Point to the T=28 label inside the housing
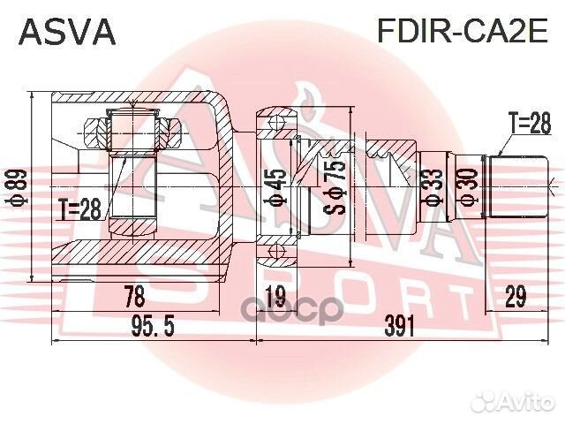coord(80,208)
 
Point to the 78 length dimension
coord(134,296)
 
